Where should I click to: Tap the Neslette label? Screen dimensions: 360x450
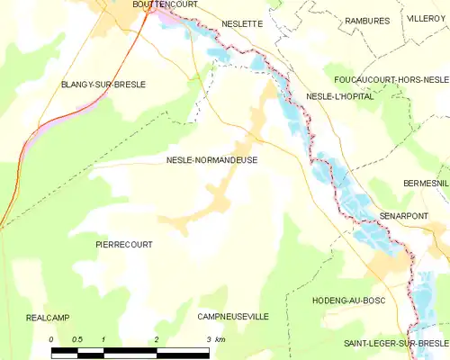pos(241,24)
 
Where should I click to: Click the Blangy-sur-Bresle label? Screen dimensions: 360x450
pos(103,84)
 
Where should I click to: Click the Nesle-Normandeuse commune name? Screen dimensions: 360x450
pos(211,160)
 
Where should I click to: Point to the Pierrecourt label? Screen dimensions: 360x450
pos(124,244)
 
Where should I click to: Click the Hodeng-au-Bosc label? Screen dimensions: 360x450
pos(348,300)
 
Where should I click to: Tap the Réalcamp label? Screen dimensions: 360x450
pos(48,318)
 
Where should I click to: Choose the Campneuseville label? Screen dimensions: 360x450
pos(233,318)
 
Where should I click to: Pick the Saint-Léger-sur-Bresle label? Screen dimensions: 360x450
pos(397,344)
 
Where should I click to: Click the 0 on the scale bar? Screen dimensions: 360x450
pos(52,338)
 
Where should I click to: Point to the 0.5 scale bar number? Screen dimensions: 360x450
pos(77,338)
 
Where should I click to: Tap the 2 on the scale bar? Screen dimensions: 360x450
pos(157,338)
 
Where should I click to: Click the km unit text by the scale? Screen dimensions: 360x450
pos(220,338)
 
